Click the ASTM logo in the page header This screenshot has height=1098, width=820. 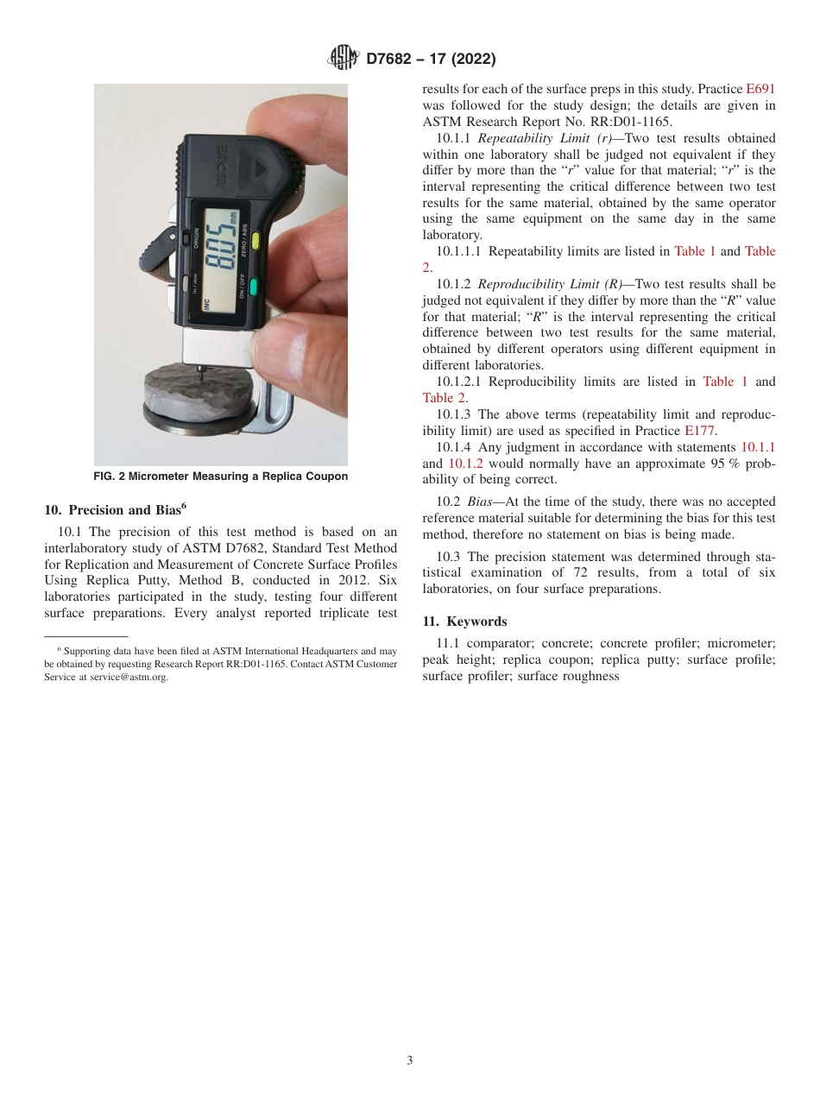[x=344, y=59]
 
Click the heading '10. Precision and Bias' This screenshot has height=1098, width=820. [x=115, y=509]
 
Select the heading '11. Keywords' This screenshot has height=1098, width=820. [x=464, y=622]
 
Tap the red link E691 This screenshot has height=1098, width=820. [x=760, y=89]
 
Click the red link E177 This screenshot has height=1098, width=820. [x=700, y=430]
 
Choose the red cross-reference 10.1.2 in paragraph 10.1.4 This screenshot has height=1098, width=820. [x=465, y=463]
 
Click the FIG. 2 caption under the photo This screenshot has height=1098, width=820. [x=221, y=476]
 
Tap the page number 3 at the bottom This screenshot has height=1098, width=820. [x=410, y=1061]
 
